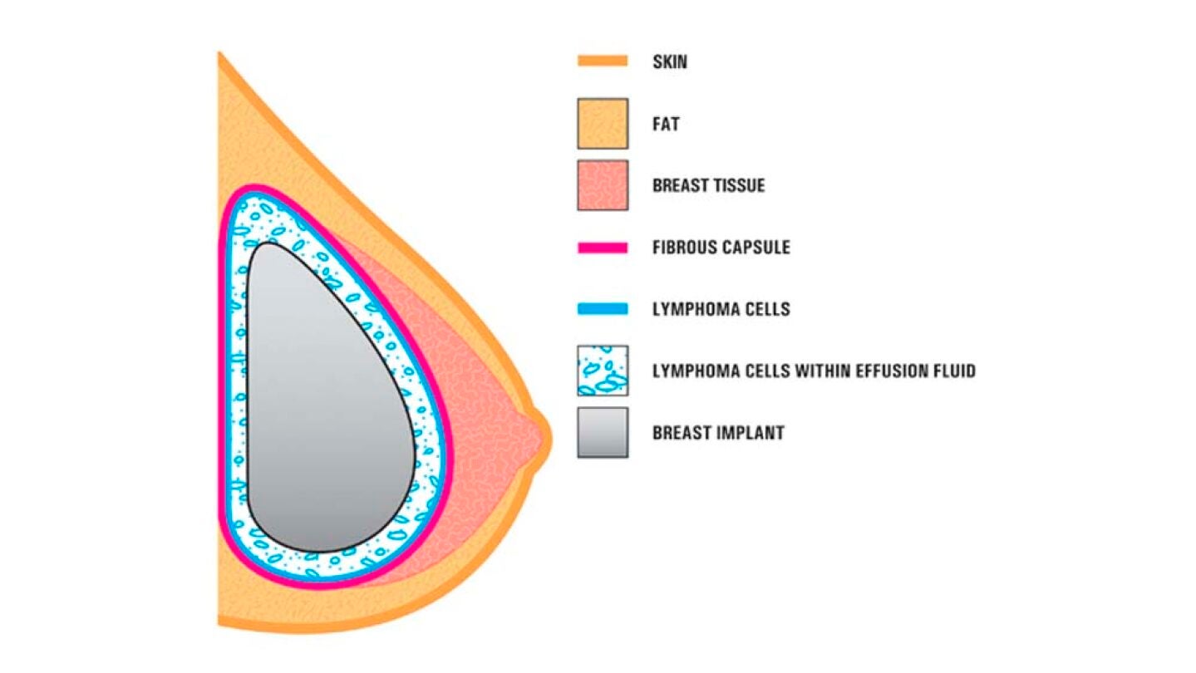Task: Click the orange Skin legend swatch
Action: pos(603,61)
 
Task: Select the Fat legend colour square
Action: pos(603,123)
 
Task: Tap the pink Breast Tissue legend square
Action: pos(603,185)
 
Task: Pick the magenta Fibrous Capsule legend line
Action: pos(603,248)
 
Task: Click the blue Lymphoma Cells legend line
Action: pos(603,309)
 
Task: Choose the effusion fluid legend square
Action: pos(603,371)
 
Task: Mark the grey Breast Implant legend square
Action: pos(603,432)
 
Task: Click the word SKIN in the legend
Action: pos(670,61)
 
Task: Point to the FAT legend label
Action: pos(666,124)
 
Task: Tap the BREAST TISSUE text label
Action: pos(708,185)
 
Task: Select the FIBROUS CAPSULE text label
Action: pos(721,247)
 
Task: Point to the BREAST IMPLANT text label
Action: pos(718,432)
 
